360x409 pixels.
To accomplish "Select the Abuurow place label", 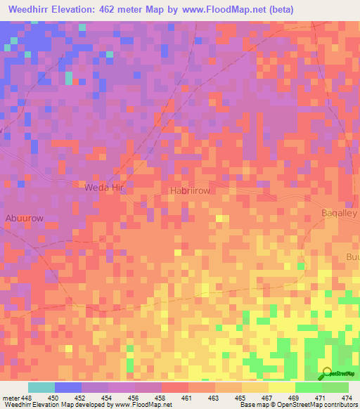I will click(x=24, y=217).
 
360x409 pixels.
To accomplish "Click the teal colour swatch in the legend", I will click(x=41, y=387).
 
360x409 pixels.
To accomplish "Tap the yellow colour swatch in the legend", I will click(x=281, y=387).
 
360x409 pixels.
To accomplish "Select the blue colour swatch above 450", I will click(x=68, y=387).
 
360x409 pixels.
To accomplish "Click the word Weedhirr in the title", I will click(x=32, y=9).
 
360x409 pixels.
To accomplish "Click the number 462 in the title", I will click(x=109, y=9).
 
